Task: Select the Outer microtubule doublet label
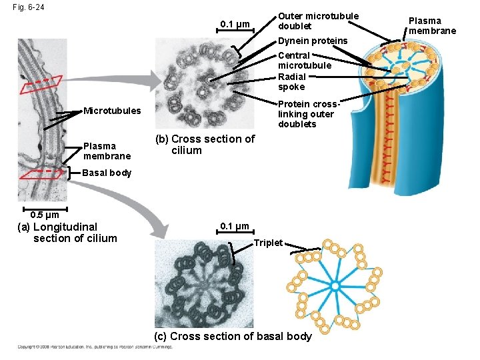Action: click(x=318, y=21)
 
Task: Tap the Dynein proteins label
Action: click(x=312, y=41)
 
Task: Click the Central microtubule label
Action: click(x=304, y=61)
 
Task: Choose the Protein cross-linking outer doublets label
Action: click(x=309, y=114)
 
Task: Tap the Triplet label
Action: click(x=268, y=242)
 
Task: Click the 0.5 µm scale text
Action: click(x=45, y=215)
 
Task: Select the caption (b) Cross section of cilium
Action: click(x=205, y=145)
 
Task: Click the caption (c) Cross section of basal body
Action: click(x=233, y=336)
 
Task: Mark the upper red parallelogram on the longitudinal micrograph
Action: click(x=40, y=85)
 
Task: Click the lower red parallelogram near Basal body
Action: click(x=40, y=173)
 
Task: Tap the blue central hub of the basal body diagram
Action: click(x=335, y=286)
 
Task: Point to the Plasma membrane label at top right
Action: click(x=432, y=25)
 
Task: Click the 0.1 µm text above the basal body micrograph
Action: click(x=235, y=227)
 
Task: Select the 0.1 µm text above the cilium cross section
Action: click(x=235, y=25)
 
